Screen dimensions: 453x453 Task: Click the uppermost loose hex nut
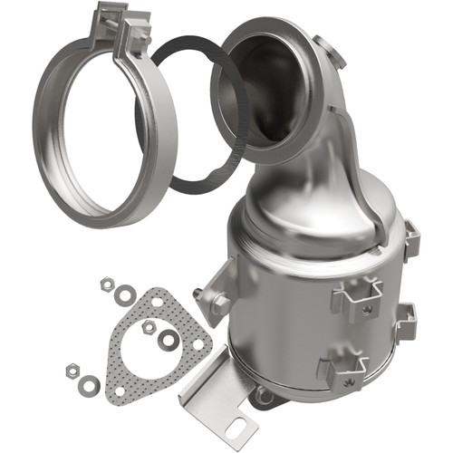106,284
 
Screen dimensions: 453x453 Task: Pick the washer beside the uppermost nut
125,294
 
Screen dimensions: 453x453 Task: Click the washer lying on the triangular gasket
169,340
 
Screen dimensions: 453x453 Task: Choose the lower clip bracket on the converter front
342,369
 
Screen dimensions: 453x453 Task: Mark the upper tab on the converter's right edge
410,240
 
